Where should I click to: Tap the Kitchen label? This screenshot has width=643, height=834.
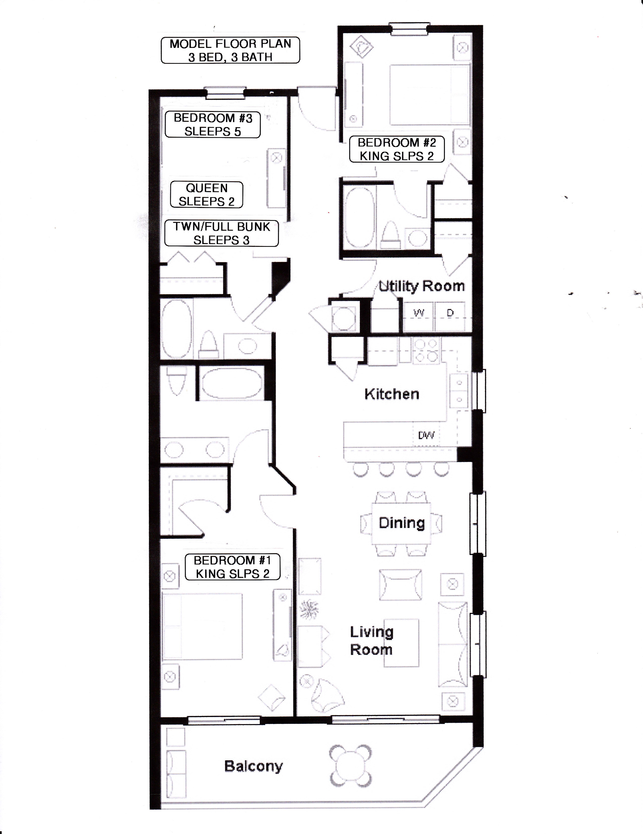(x=392, y=394)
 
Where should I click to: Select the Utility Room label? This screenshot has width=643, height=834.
(x=421, y=286)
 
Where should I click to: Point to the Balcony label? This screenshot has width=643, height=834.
(x=253, y=766)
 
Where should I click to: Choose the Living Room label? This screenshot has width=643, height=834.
(x=371, y=640)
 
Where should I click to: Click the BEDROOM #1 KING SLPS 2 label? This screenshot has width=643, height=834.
(x=232, y=567)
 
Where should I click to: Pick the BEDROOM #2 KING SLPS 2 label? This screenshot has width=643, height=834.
(x=397, y=149)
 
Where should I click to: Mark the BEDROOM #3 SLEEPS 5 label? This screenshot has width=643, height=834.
(x=213, y=125)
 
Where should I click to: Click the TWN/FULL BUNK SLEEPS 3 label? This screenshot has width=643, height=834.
(x=221, y=233)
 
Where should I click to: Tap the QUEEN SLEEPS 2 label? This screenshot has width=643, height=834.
(x=206, y=194)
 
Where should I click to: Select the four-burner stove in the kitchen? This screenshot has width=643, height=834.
(x=426, y=350)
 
